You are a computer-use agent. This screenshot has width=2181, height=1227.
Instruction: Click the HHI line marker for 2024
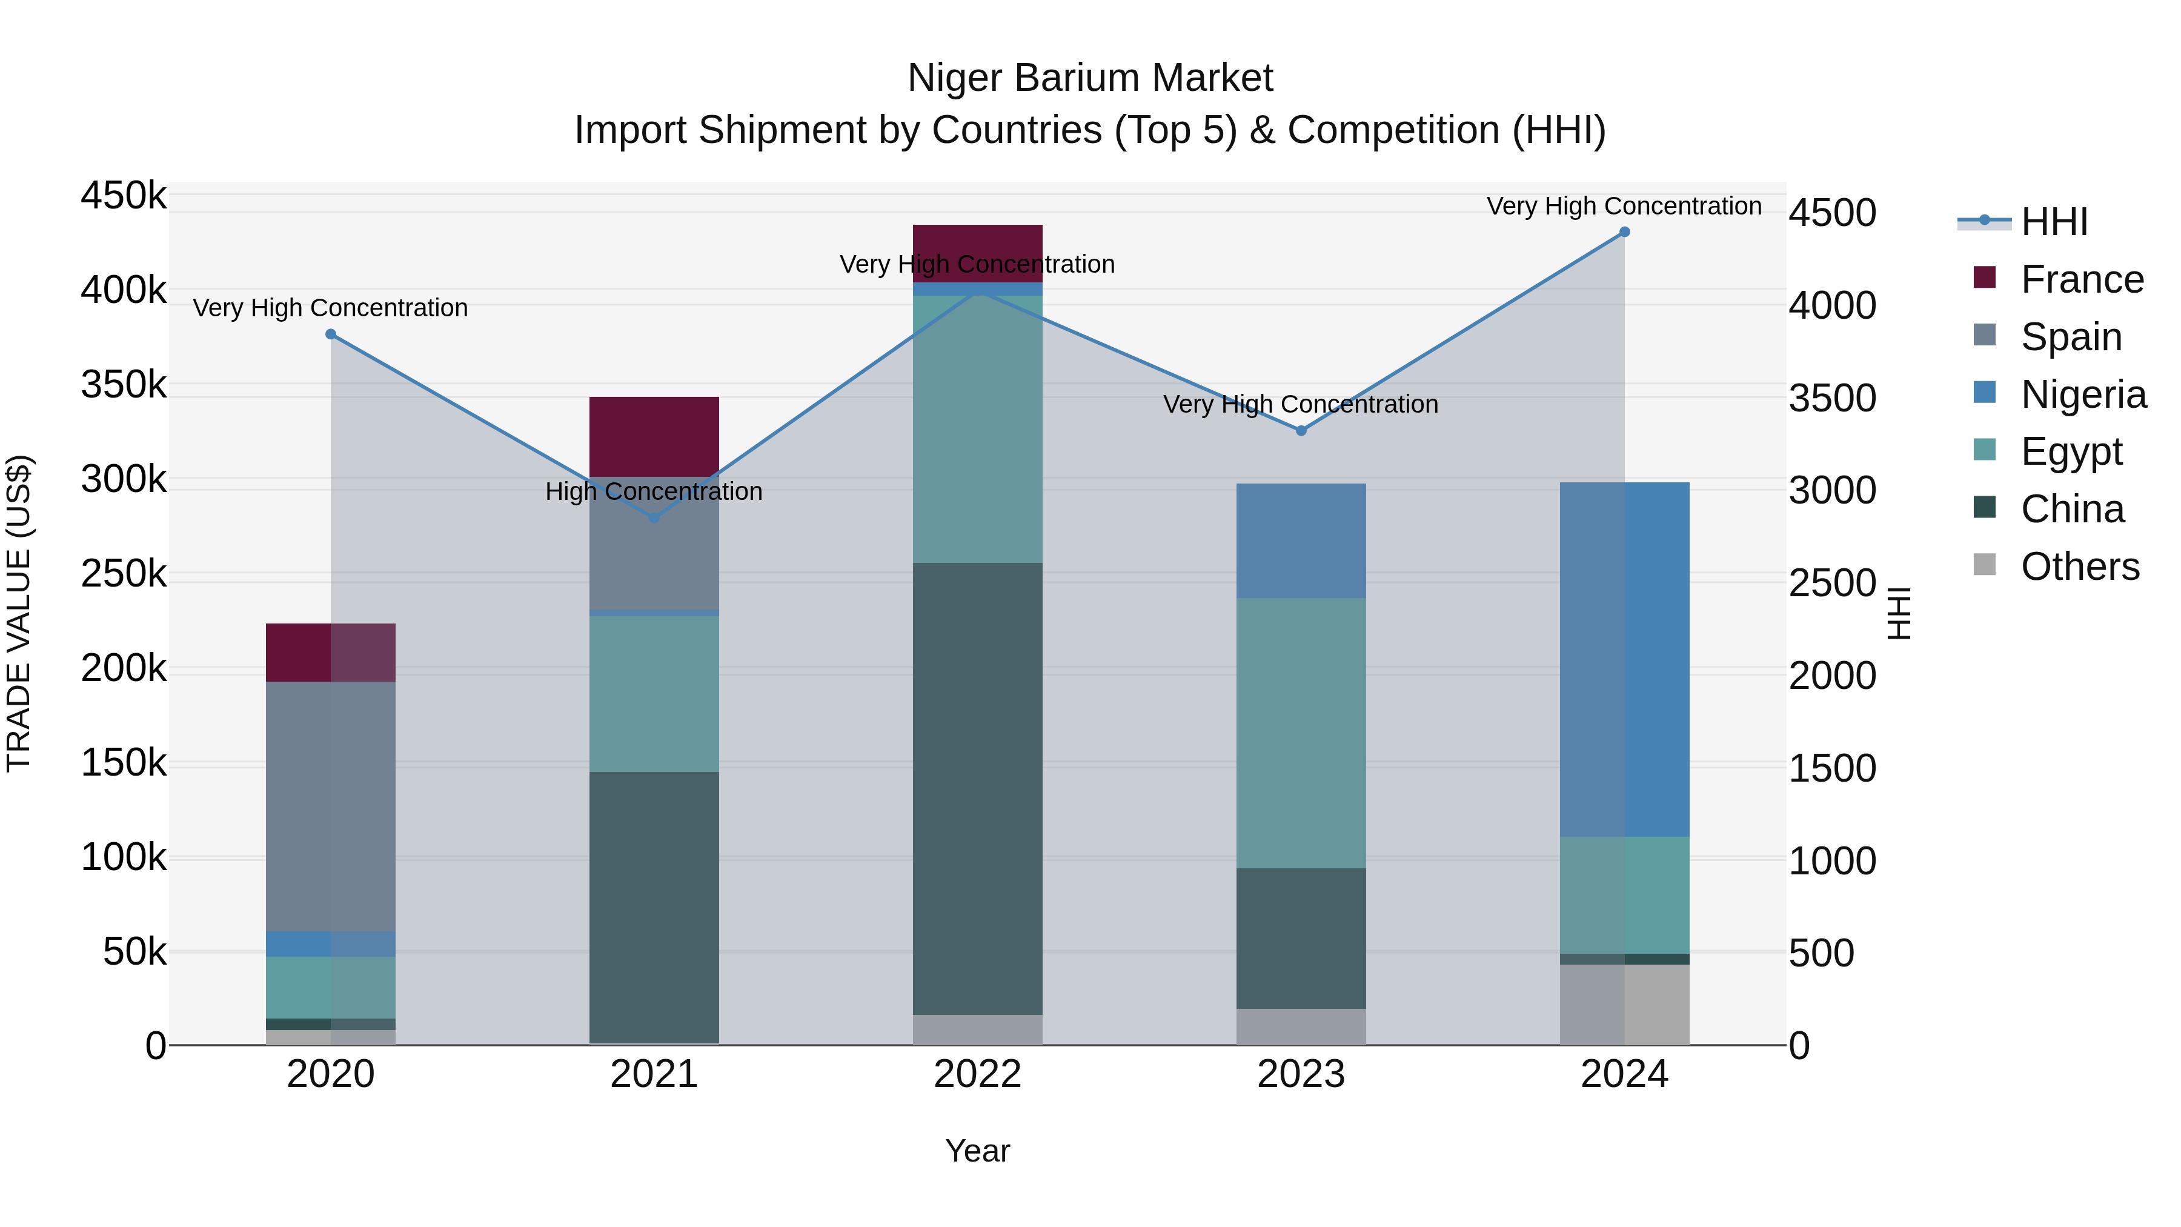[x=1624, y=232]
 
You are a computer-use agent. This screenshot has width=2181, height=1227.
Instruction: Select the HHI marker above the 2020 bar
[x=331, y=334]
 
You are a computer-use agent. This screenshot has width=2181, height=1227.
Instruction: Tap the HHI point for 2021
[x=654, y=517]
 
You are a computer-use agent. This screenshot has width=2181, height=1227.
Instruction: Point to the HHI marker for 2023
[x=1301, y=431]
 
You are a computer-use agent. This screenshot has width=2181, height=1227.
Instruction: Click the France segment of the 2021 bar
[x=654, y=436]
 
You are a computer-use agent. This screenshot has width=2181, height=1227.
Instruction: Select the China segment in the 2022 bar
[x=977, y=788]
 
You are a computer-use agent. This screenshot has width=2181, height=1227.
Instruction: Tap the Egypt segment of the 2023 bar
[x=1301, y=733]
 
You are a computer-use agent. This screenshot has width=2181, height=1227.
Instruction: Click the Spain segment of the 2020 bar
[x=330, y=806]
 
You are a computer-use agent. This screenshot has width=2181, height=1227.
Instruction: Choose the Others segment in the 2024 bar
[x=1624, y=1004]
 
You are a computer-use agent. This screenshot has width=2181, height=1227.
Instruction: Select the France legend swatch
[x=1985, y=278]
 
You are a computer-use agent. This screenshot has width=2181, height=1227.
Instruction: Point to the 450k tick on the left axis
[x=124, y=196]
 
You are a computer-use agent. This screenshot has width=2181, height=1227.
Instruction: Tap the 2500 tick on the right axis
[x=1832, y=584]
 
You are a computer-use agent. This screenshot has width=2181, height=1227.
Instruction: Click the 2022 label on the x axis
[x=977, y=1074]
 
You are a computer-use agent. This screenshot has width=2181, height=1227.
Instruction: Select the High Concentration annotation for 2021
[x=654, y=491]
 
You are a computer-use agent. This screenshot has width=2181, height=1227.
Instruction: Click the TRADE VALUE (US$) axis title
[x=19, y=613]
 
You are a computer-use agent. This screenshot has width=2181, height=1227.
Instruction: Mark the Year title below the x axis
[x=977, y=1151]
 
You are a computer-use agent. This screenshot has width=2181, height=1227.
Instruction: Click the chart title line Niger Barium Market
[x=1090, y=78]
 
